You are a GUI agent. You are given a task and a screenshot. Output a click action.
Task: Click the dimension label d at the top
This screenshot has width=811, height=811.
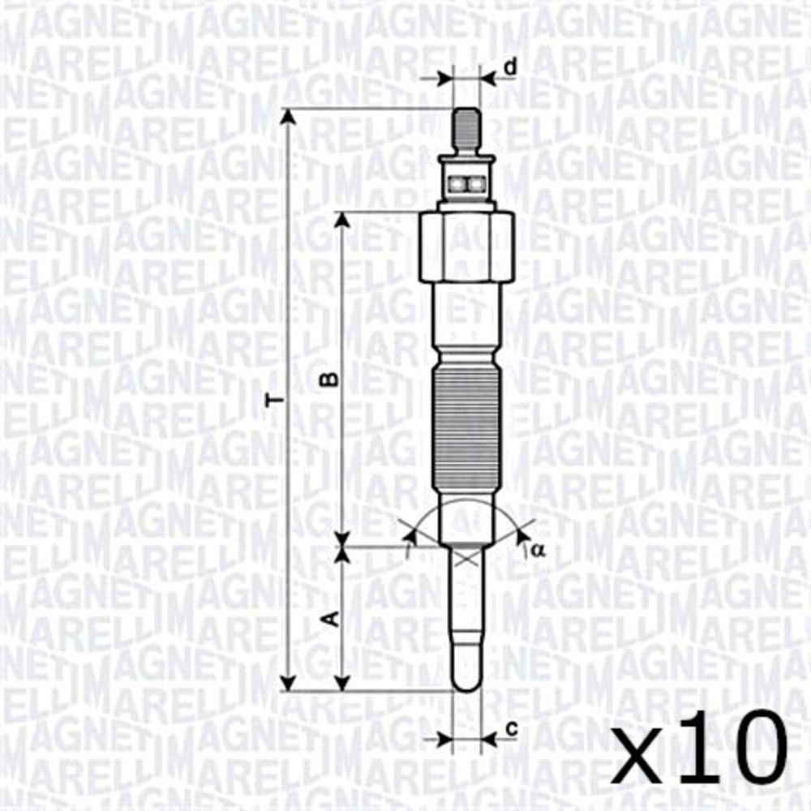[x=508, y=67]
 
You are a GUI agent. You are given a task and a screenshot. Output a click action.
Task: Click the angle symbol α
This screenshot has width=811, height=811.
[x=537, y=551]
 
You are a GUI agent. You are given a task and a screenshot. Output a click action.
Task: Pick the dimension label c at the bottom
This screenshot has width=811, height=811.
[x=511, y=728]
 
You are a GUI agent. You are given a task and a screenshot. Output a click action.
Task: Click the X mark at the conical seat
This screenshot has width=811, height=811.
[x=466, y=557]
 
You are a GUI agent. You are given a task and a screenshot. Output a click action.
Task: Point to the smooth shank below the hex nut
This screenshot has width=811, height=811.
[x=466, y=324]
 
